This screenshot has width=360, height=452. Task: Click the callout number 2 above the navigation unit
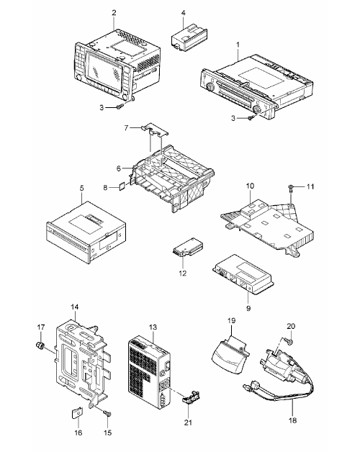coord(114,13)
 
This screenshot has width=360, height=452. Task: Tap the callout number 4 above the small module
coord(184,13)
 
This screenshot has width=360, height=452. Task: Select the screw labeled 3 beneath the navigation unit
coord(120,107)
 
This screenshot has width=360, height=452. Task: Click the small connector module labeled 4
coord(189,37)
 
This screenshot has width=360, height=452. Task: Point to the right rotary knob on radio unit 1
coord(256,109)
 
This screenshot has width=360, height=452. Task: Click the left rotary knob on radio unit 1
coord(210,86)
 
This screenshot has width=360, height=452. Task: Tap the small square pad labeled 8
coord(122,186)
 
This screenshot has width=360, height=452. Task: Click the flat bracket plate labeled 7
coord(156,129)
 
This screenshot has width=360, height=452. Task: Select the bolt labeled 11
coord(290,189)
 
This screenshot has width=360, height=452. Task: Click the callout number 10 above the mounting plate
coord(250,186)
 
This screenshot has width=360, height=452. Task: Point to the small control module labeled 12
coord(187,247)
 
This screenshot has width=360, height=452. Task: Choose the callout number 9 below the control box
coord(248,308)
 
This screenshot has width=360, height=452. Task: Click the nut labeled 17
coord(40,345)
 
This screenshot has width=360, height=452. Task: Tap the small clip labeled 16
coord(76,414)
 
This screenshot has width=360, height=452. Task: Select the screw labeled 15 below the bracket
coord(107,414)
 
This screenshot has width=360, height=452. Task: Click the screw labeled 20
coord(289,342)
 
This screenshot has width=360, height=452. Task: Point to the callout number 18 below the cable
coord(292,420)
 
